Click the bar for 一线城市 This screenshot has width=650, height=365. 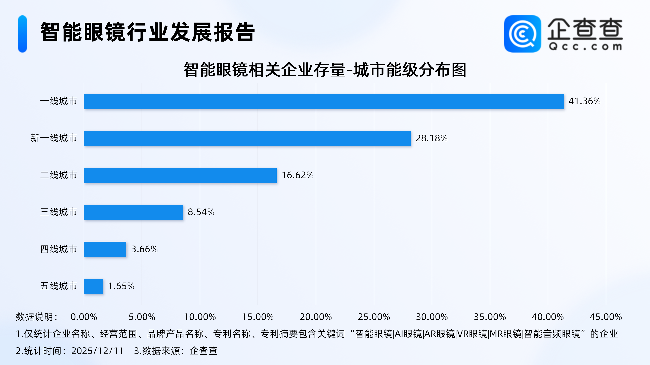(x=324, y=102)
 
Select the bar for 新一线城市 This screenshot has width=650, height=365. (x=247, y=138)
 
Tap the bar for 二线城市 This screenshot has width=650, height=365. (x=180, y=175)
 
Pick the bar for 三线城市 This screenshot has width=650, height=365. (x=133, y=212)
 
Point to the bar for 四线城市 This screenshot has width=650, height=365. (x=105, y=249)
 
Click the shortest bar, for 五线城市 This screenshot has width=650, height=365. (x=93, y=286)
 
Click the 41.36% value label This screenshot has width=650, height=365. (x=584, y=101)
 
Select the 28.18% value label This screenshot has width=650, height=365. (x=431, y=138)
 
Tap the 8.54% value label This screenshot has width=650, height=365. (x=201, y=212)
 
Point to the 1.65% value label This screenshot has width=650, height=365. (x=121, y=286)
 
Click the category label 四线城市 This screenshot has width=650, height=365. (x=58, y=249)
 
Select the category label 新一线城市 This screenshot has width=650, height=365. (x=54, y=138)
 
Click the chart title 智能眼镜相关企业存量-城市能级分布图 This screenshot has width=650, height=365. (x=325, y=70)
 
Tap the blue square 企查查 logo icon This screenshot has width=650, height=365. (x=522, y=34)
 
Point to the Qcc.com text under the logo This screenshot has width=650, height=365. (x=585, y=47)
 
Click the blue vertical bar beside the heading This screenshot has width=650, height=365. (x=23, y=34)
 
